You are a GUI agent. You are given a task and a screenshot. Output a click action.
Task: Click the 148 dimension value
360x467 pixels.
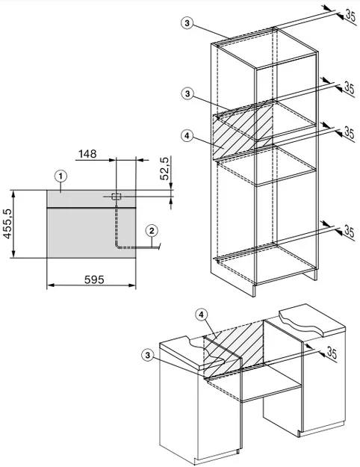[87, 154]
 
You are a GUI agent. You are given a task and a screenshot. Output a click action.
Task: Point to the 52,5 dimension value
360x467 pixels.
[164, 168]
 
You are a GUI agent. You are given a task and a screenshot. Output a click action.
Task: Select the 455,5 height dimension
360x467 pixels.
[7, 223]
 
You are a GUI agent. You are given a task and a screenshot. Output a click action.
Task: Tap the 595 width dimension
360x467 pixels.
[94, 279]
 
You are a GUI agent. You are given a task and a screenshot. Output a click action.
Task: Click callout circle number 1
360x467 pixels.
[60, 176]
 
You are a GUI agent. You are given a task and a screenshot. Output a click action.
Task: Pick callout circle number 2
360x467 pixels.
[152, 231]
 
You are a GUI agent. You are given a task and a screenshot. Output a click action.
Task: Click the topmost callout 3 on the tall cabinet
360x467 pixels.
[187, 23]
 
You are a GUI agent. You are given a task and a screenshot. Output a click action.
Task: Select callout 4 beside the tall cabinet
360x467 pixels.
[187, 136]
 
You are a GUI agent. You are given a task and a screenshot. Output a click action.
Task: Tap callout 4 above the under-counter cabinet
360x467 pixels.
[202, 315]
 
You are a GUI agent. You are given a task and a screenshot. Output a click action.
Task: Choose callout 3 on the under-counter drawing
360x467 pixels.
[148, 355]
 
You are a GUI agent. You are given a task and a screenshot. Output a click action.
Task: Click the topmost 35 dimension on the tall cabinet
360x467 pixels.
[350, 15]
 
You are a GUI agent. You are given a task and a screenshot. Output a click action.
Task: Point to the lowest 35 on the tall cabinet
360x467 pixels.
[349, 231]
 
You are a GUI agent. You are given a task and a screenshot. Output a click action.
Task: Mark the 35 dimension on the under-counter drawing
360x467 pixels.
[332, 353]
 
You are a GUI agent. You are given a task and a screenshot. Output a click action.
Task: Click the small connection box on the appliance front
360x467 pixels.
[116, 197]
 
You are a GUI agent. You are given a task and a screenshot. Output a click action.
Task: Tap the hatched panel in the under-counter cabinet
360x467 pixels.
[234, 348]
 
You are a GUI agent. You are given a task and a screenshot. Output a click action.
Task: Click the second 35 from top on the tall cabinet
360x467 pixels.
[349, 88]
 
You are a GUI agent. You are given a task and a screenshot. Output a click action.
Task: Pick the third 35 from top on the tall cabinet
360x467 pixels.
[349, 132]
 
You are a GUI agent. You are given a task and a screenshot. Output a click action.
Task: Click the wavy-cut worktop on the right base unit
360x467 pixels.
[311, 320]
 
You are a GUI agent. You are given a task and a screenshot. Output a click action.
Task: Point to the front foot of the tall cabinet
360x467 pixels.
[254, 290]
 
